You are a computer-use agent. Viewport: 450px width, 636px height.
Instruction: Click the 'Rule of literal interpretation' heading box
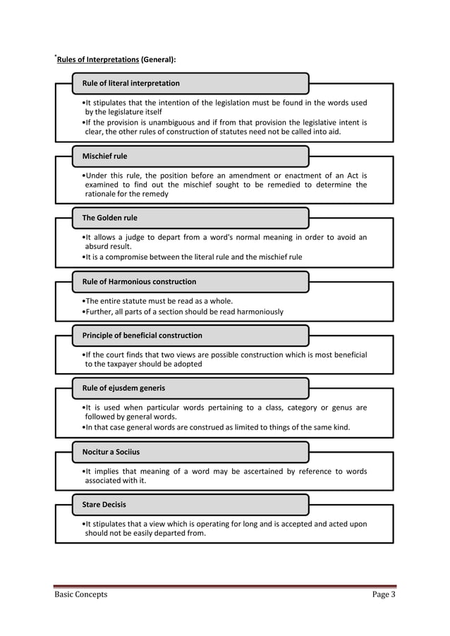(x=190, y=83)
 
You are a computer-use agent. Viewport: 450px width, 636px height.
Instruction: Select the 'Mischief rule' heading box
(x=190, y=156)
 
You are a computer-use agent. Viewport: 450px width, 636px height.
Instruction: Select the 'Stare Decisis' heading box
(x=190, y=505)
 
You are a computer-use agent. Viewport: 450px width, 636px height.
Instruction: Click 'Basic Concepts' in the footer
(x=81, y=594)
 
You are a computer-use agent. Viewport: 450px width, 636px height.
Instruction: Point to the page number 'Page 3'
(x=384, y=594)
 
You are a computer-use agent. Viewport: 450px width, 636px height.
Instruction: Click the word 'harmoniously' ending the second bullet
(x=258, y=311)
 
